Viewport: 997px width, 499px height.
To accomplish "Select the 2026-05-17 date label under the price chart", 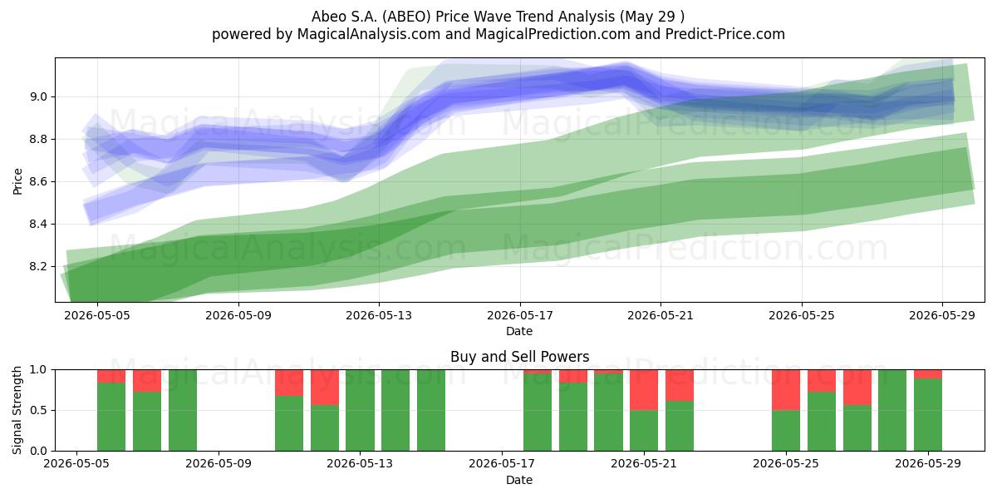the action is [x=520, y=315].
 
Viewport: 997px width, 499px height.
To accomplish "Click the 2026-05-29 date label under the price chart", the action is [x=942, y=315].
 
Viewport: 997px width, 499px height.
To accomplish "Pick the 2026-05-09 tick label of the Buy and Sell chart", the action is [x=218, y=464].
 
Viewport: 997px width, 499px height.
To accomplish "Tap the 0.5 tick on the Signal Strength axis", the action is [x=38, y=410].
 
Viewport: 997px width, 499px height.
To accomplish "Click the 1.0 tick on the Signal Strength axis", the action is [x=38, y=370].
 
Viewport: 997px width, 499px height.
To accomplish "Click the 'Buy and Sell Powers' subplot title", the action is [x=519, y=357].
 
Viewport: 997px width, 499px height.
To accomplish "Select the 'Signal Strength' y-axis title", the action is [x=17, y=410].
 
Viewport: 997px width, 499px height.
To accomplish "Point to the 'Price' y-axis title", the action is [x=17, y=181].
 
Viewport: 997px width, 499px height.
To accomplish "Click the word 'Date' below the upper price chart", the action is [x=519, y=331].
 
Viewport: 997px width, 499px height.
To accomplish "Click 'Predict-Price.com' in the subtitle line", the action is [x=725, y=34].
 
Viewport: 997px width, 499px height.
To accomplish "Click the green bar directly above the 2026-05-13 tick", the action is [x=360, y=410].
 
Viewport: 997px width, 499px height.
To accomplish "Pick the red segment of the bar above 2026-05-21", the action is [x=644, y=390].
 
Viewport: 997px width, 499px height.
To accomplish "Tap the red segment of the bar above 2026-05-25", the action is [x=786, y=390].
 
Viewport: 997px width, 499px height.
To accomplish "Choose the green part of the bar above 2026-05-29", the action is [x=928, y=415].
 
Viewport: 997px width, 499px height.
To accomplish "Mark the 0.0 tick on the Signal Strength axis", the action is [x=38, y=451].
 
